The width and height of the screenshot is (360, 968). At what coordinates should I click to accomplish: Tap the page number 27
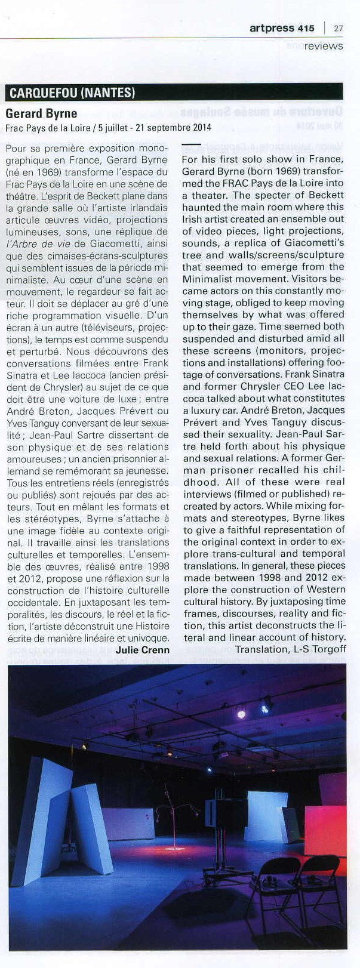click(x=339, y=28)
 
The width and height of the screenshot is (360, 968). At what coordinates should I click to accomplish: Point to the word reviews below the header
click(x=324, y=45)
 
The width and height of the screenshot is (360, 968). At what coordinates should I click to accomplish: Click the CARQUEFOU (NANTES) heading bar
click(x=71, y=93)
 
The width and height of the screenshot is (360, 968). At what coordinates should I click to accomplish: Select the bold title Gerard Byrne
click(x=41, y=113)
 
